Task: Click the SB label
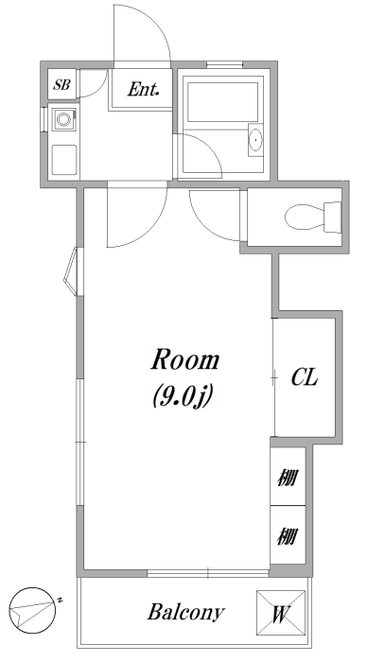tap(61, 85)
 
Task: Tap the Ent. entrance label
tap(144, 89)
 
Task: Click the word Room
tap(185, 360)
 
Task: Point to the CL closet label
tap(304, 377)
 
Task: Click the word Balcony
tap(185, 613)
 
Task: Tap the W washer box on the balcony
tap(281, 613)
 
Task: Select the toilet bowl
tap(305, 217)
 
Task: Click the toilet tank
tap(332, 217)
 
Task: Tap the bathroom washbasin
tap(255, 140)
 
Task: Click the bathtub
tap(223, 102)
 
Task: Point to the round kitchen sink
tap(63, 119)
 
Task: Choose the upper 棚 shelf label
tap(288, 478)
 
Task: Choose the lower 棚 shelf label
tap(288, 536)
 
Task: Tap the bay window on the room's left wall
tap(71, 271)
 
